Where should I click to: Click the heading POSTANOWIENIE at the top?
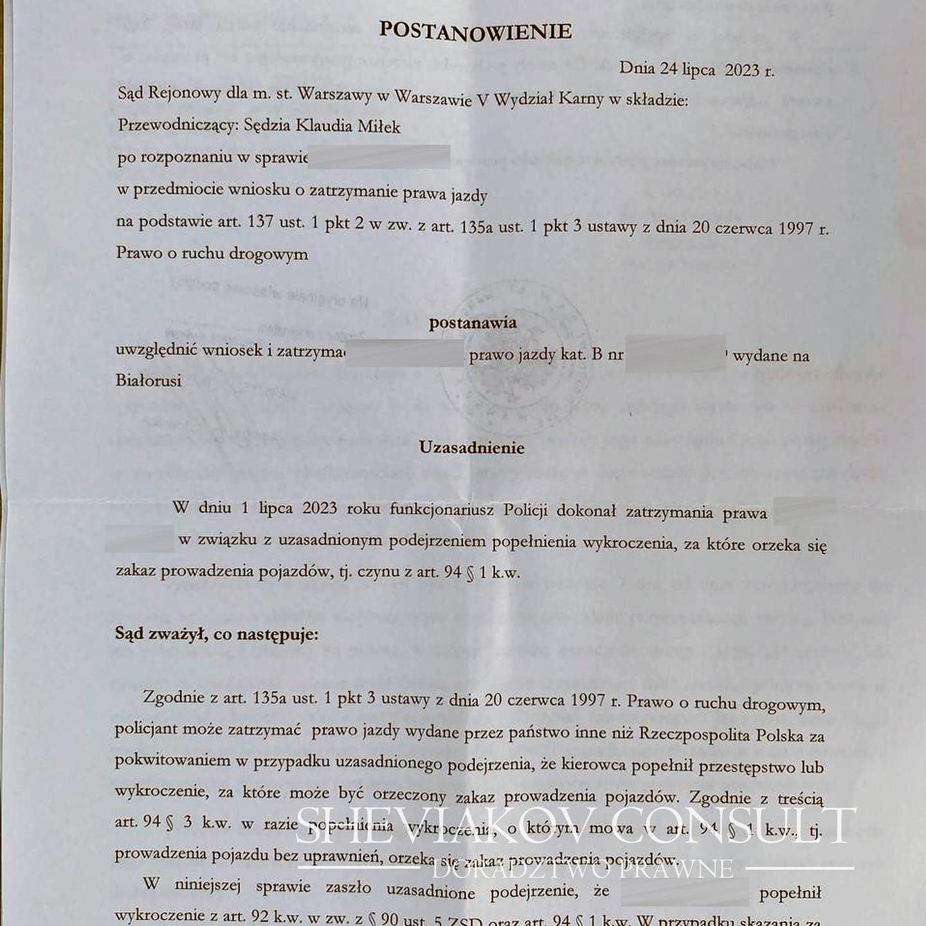(x=475, y=31)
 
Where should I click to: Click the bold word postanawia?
(x=473, y=323)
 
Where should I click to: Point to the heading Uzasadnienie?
(x=471, y=448)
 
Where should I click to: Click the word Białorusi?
(x=148, y=381)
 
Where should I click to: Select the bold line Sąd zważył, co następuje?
(x=217, y=634)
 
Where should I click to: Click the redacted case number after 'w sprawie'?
(x=379, y=158)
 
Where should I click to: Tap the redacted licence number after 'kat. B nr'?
(x=675, y=354)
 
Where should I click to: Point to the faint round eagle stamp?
(x=514, y=367)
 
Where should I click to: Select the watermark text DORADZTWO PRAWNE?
(x=583, y=869)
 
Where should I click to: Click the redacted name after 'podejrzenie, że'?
(x=684, y=893)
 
